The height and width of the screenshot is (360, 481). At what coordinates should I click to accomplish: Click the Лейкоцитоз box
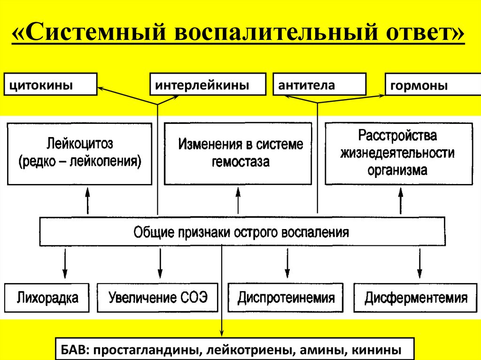pyautogui.click(x=79, y=153)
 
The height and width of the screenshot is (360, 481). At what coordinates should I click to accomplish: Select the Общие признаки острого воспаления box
pyautogui.click(x=241, y=232)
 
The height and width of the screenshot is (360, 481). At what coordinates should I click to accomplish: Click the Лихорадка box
pyautogui.click(x=47, y=298)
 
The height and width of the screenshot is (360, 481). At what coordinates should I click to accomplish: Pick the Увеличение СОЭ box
pyautogui.click(x=157, y=298)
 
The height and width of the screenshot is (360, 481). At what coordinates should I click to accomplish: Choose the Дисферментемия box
pyautogui.click(x=416, y=298)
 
